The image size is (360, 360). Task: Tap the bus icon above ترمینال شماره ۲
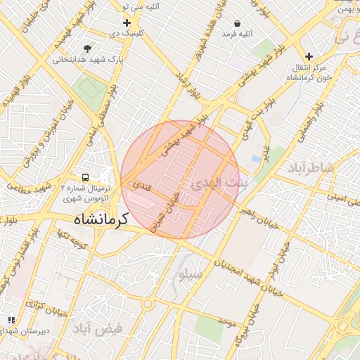pos(85,177)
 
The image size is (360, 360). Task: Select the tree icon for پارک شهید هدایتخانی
pos(87,49)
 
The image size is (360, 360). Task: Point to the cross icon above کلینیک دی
pos(127,23)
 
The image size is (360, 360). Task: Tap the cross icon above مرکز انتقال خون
pos(309,56)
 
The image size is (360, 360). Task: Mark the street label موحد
pos(226,321)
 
